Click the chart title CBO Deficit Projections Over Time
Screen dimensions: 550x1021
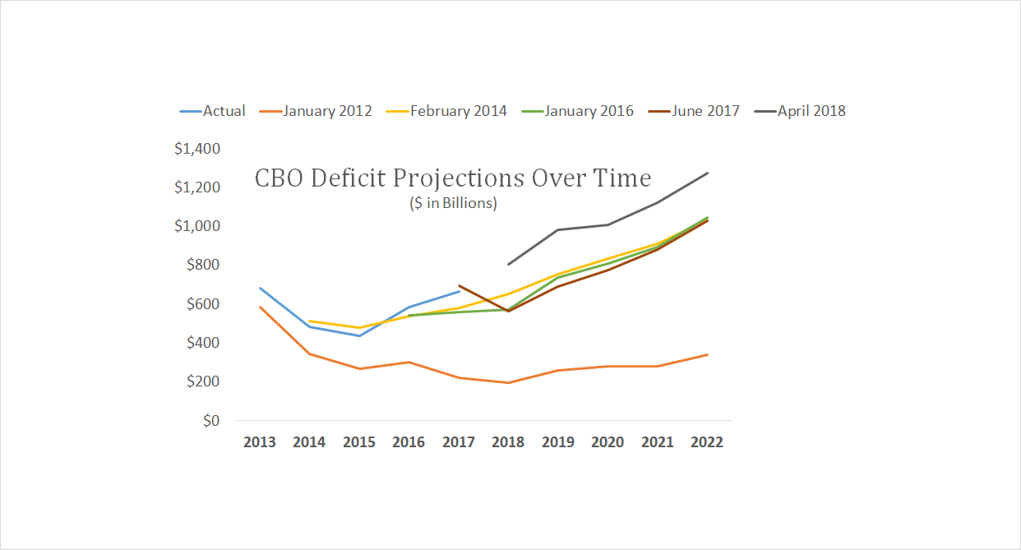coord(453,178)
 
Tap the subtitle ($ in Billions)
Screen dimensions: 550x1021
coord(453,203)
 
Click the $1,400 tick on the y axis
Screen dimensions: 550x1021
coord(197,149)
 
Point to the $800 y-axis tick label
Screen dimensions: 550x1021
coord(202,265)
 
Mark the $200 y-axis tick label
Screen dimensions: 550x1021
coord(202,381)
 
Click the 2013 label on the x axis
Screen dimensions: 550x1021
coord(260,442)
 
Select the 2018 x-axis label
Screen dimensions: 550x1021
coord(508,442)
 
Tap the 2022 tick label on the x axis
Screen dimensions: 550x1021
coord(707,442)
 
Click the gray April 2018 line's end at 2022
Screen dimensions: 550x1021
coord(708,173)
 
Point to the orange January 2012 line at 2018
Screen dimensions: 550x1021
coord(508,382)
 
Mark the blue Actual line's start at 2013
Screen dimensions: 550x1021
coord(260,288)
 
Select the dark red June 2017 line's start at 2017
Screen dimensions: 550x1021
coord(459,286)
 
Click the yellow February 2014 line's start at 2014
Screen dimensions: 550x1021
coord(309,321)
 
